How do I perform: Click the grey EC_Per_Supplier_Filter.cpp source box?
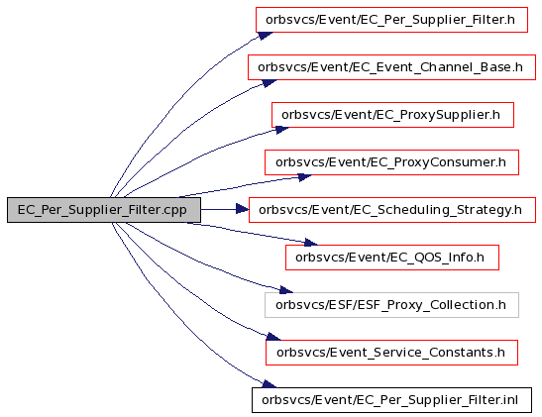tap(104, 210)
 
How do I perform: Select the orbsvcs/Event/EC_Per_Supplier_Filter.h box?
tap(391, 20)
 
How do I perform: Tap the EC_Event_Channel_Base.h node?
tap(391, 67)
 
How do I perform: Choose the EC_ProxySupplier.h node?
tap(392, 115)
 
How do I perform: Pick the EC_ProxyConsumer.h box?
tap(391, 162)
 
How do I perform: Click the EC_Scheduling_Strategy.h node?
tap(392, 210)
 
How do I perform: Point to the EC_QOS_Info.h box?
tap(392, 258)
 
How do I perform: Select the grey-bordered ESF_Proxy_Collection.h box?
tap(391, 305)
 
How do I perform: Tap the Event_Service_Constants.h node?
tap(391, 353)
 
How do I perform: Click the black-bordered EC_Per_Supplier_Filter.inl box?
tap(391, 400)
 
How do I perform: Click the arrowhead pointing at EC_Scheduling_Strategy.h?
tap(243, 209)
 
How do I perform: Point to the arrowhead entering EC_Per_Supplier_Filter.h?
tap(266, 36)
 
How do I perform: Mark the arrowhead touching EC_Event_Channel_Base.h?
tap(269, 83)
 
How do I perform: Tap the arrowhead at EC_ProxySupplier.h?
tap(281, 130)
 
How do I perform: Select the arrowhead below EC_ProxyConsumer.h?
tap(304, 177)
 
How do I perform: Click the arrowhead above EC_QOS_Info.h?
tap(310, 243)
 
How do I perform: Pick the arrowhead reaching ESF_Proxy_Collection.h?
tap(286, 289)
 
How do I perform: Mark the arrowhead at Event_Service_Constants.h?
tap(273, 337)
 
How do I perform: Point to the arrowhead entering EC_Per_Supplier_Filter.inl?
tap(269, 384)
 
